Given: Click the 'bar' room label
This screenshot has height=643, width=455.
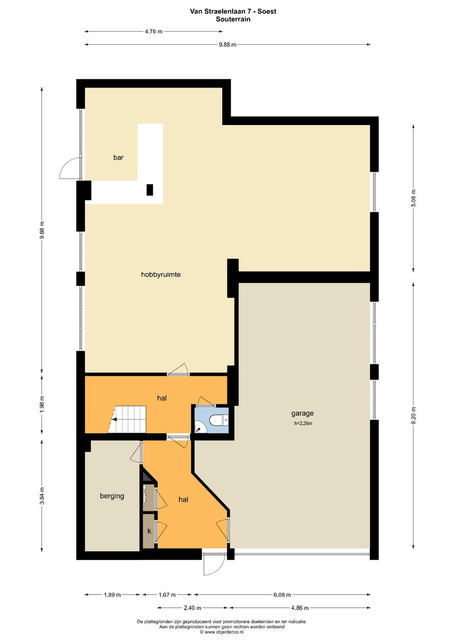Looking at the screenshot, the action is (x=118, y=158).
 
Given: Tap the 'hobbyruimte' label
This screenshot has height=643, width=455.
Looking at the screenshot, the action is (x=161, y=275).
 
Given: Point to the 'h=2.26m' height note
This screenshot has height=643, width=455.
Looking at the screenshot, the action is (x=303, y=424).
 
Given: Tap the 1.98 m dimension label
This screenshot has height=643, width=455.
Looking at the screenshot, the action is (x=42, y=404).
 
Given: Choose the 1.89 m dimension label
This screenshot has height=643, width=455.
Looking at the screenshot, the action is (x=112, y=595).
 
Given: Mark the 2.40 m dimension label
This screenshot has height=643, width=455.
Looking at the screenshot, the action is (x=193, y=608).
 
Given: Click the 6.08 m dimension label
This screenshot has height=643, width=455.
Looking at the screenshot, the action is (x=282, y=595).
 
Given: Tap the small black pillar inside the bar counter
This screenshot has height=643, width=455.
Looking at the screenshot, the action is (x=150, y=190).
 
